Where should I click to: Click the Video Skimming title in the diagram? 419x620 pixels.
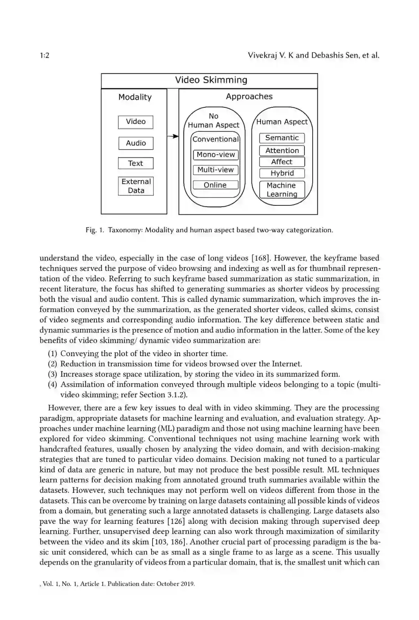pyautogui.click(x=211, y=80)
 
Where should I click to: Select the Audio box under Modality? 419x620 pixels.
pyautogui.click(x=136, y=143)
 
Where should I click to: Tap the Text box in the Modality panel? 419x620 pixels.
pyautogui.click(x=136, y=163)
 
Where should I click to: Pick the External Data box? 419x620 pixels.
pyautogui.click(x=136, y=186)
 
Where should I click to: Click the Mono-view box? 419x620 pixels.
pyautogui.click(x=216, y=155)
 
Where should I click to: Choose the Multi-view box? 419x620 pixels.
pyautogui.click(x=216, y=170)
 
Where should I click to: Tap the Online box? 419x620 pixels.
pyautogui.click(x=215, y=185)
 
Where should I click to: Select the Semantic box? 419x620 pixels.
pyautogui.click(x=282, y=138)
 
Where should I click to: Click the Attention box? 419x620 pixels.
pyautogui.click(x=282, y=150)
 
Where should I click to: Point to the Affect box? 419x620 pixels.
pyautogui.click(x=282, y=162)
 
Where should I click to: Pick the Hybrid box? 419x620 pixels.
pyautogui.click(x=282, y=173)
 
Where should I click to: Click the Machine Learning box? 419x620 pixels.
pyautogui.click(x=282, y=190)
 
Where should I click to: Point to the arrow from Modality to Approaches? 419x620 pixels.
pyautogui.click(x=173, y=136)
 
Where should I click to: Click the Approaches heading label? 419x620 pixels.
pyautogui.click(x=249, y=96)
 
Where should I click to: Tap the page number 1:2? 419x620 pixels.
pyautogui.click(x=45, y=55)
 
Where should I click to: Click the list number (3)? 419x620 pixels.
pyautogui.click(x=53, y=374)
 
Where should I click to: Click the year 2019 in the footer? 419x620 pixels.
pyautogui.click(x=187, y=584)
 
